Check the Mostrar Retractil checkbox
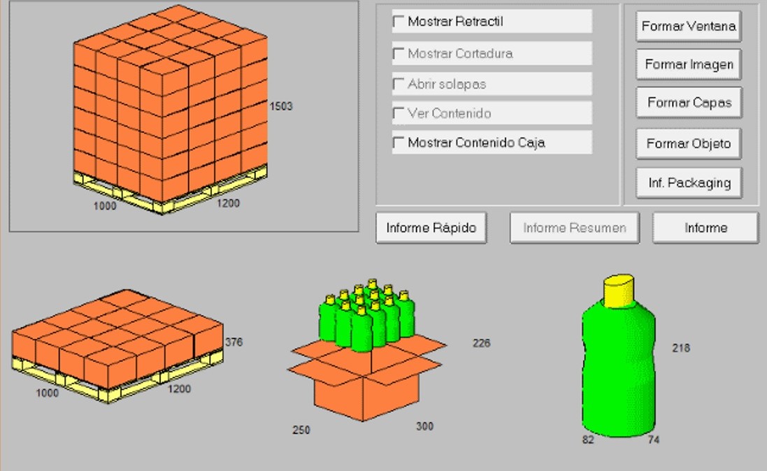coord(399,22)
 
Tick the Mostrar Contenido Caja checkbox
coord(399,143)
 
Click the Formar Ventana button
coord(688,26)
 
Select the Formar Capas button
coord(688,103)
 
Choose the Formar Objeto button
coord(688,143)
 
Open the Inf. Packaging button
coord(688,183)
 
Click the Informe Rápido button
coord(431,228)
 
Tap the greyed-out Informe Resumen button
coord(574,228)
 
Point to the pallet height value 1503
coord(281,106)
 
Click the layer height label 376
coord(234,342)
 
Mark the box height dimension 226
coord(481,343)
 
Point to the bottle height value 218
coord(681,348)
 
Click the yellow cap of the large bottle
coord(619,291)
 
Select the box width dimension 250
coord(301,430)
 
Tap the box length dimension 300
coord(424,426)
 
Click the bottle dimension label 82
coord(588,440)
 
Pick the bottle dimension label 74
coord(654,440)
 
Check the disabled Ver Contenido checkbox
coord(399,113)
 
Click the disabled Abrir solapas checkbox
coord(399,84)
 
